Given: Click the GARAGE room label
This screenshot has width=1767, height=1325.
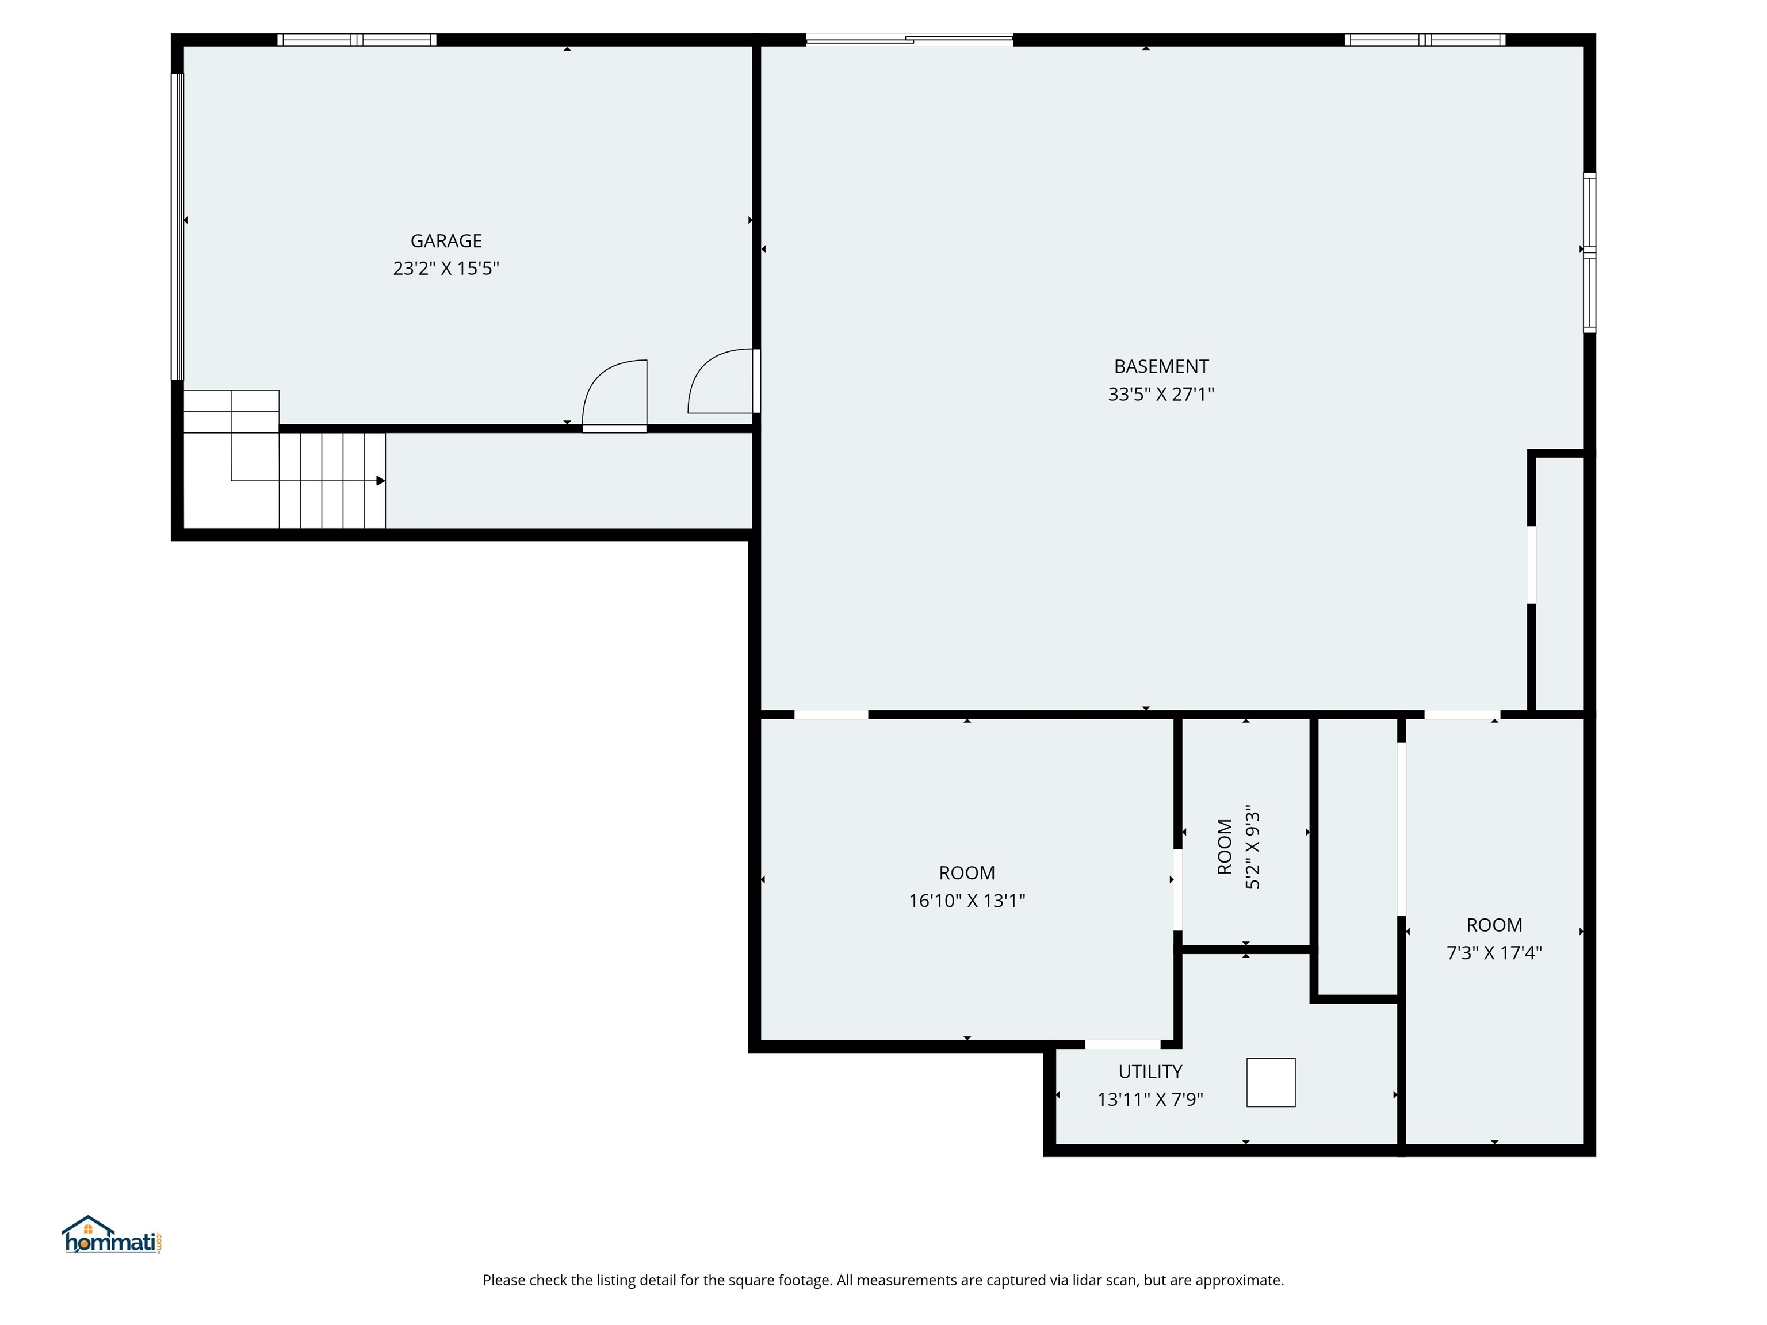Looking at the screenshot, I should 446,240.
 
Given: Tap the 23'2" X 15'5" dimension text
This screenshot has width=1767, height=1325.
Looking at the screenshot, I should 446,269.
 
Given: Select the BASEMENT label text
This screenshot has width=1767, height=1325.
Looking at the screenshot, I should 1161,366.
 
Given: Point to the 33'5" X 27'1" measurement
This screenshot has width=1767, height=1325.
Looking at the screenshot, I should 1161,394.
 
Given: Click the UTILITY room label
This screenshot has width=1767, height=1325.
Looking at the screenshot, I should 1149,1072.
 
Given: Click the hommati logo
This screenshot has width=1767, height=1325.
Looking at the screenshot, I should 112,1237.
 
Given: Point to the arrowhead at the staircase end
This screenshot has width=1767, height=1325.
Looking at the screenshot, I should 381,481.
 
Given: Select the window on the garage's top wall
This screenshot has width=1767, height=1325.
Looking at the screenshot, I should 356,40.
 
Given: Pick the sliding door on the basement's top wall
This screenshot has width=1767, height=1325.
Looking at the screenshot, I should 909,39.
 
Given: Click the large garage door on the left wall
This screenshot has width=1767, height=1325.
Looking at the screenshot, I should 177,226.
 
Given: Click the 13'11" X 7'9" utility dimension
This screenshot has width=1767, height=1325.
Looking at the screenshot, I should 1149,1100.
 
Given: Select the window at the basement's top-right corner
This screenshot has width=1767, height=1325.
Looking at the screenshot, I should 1424,40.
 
